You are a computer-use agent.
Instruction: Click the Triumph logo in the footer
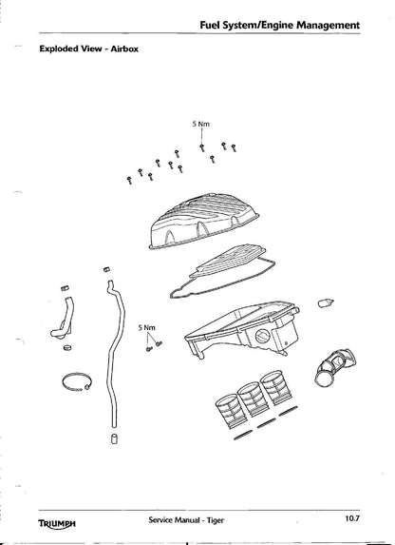57,523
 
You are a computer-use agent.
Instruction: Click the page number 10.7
352,518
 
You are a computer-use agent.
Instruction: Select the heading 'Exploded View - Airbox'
89,49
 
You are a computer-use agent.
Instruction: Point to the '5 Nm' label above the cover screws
201,124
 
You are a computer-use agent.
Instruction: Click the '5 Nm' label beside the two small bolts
147,327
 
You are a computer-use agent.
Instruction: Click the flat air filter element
228,261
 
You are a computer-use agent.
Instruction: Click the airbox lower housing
242,328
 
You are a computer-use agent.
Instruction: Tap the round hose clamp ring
78,381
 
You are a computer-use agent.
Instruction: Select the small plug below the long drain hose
114,438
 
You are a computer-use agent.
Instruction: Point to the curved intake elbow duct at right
335,367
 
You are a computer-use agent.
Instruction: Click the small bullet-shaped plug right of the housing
326,302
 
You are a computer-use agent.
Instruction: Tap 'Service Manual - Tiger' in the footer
186,520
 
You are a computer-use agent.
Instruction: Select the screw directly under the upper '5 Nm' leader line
202,147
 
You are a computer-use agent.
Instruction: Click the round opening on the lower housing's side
262,337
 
